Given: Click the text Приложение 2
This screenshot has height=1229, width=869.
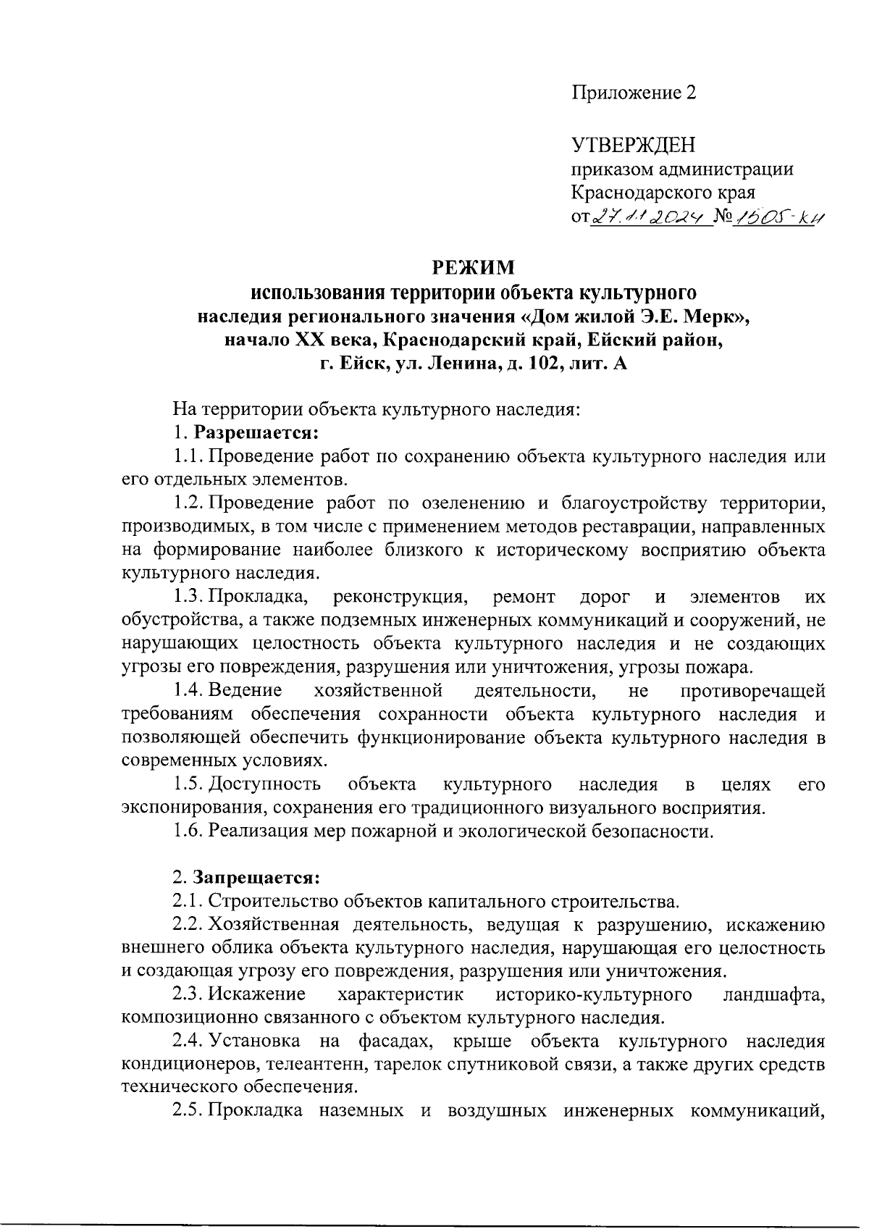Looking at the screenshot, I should click(634, 93).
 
